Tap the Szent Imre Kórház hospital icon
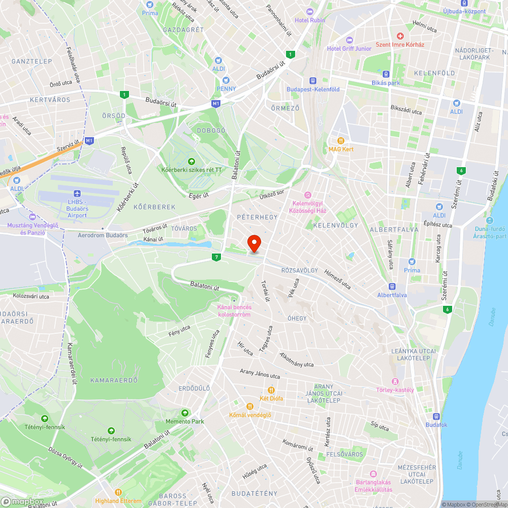(x=400, y=37)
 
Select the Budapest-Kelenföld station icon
(x=312, y=80)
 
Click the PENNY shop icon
(x=226, y=80)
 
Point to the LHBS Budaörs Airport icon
(x=77, y=194)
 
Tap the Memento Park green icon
(x=185, y=413)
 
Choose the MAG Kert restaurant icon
(x=341, y=141)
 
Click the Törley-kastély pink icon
(x=395, y=382)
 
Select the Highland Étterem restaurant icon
(x=118, y=492)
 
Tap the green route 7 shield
(x=217, y=258)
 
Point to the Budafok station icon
(x=436, y=416)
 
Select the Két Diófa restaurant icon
(x=271, y=390)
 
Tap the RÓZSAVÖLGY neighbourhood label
(x=299, y=271)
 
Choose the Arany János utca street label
(x=260, y=374)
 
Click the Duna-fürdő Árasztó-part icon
(x=489, y=220)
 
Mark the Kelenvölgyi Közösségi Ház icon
(x=307, y=195)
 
